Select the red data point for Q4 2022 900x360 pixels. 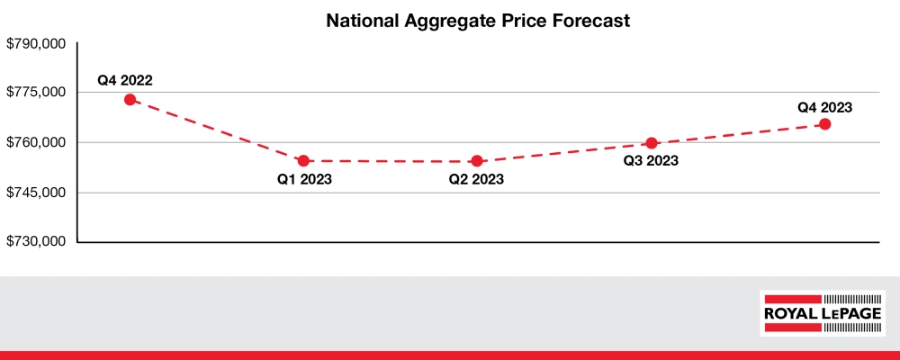[x=130, y=100]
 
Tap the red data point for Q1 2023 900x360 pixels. [x=303, y=161]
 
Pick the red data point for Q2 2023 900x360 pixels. [x=477, y=161]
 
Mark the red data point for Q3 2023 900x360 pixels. [x=652, y=143]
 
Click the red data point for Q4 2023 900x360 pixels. [x=824, y=124]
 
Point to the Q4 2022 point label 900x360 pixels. [x=125, y=80]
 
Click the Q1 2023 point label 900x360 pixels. [x=304, y=180]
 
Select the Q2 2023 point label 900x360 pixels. [x=476, y=180]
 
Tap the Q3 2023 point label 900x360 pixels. [x=650, y=162]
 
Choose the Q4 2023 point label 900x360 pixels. [x=824, y=106]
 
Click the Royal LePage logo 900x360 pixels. [x=823, y=313]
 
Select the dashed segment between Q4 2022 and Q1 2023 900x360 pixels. [x=217, y=130]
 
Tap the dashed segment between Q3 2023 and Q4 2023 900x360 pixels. [x=738, y=134]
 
